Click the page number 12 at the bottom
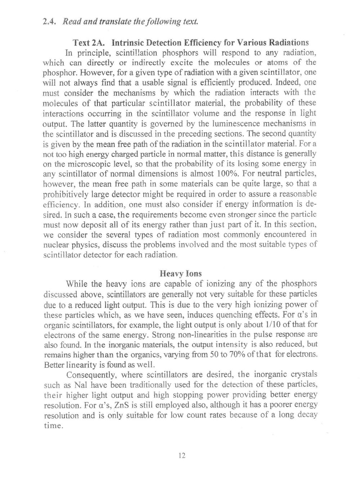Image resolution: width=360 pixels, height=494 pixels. point(181,455)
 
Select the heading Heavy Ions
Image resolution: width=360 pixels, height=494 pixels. point(180,273)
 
